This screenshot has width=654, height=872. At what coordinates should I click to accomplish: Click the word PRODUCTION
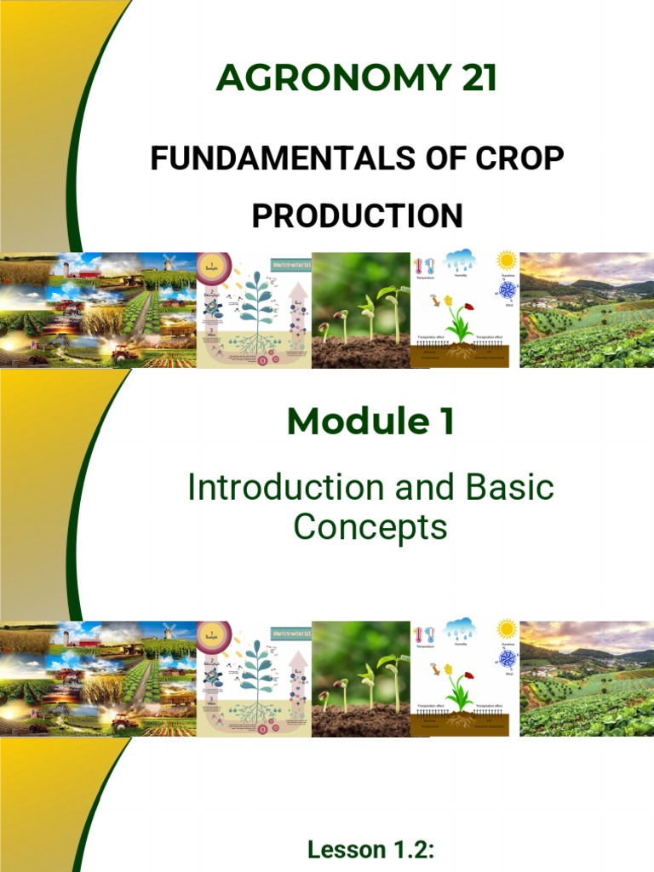(357, 215)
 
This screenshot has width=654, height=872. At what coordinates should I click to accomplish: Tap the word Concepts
(370, 527)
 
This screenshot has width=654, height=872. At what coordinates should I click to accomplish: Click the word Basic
(508, 488)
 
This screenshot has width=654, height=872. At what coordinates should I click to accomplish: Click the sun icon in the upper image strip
(507, 260)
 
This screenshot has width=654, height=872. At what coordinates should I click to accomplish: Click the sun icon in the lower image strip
(507, 629)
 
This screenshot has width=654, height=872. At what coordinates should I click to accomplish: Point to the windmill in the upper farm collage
(168, 262)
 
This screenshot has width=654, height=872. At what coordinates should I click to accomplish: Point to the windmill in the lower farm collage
(168, 632)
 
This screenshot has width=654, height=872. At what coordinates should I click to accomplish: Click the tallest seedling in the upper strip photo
(393, 315)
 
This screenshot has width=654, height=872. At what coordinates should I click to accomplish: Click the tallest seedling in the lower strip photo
(393, 684)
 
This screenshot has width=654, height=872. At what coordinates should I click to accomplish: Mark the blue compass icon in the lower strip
(508, 658)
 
